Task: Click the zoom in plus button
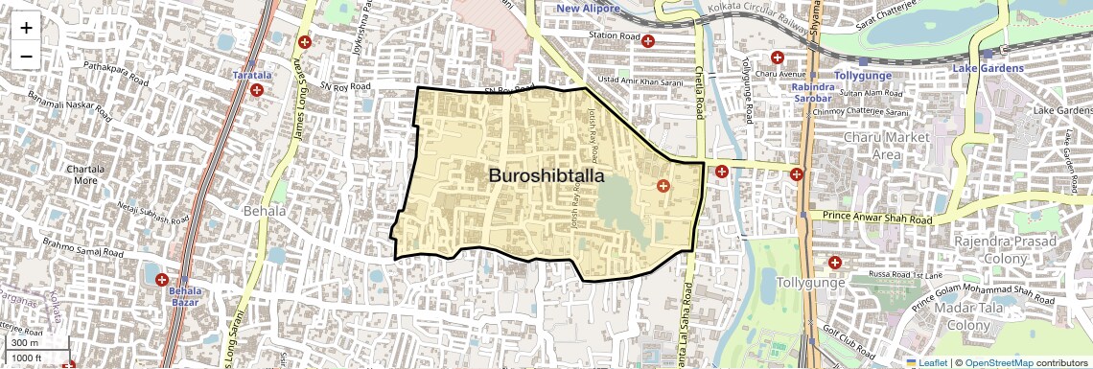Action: coord(26,28)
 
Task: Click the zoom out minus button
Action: coord(26,56)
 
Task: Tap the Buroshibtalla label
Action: coord(546,175)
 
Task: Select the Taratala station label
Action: coord(254,74)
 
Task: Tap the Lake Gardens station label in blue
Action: coord(989,69)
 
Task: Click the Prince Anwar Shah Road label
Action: coord(872,219)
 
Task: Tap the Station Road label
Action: coord(614,36)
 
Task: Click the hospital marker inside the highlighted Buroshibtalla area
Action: coord(662,185)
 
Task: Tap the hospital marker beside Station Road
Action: coord(648,41)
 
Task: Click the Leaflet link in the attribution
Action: coord(928,362)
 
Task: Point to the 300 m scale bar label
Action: coord(25,343)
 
